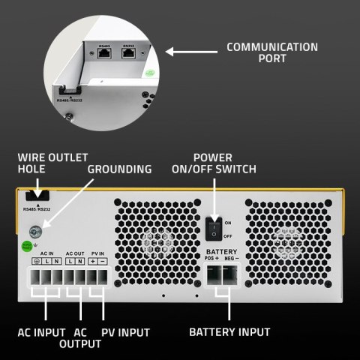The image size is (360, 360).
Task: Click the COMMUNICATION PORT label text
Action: tap(272, 53)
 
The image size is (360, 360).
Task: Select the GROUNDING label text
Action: tap(120, 170)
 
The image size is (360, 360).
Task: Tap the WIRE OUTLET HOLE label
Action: tap(52, 163)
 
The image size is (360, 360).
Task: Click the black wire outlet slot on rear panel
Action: tap(34, 197)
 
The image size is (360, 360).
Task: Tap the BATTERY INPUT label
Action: tap(229, 331)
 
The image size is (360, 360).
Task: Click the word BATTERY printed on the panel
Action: tap(222, 251)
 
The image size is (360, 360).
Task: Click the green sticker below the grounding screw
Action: tap(27, 246)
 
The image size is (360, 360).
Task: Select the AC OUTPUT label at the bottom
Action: tap(80, 337)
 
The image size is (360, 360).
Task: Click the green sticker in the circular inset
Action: tap(149, 74)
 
